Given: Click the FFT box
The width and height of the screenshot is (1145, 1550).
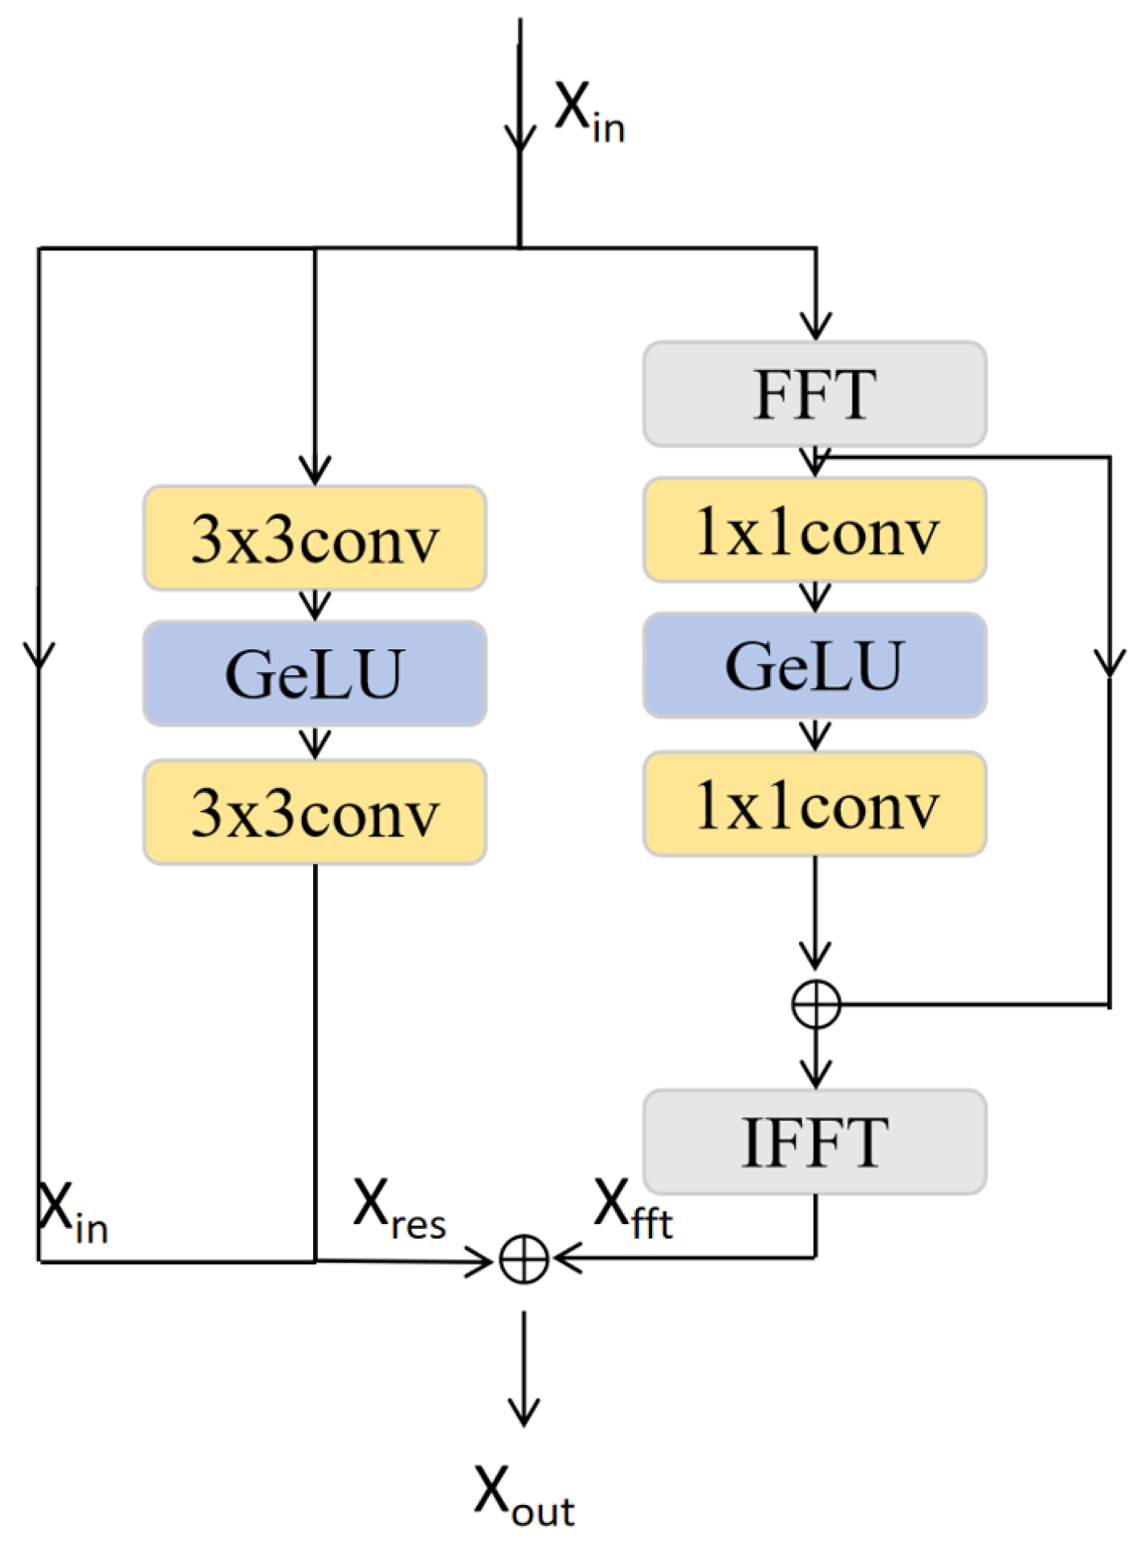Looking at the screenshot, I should (814, 393).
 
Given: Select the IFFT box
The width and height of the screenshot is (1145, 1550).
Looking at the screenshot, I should (814, 1141).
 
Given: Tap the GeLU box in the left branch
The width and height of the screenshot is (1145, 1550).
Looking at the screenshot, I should (315, 673).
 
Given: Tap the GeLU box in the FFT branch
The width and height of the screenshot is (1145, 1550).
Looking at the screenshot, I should (814, 665).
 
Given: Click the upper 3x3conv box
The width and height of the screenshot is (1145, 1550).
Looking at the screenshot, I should (315, 538).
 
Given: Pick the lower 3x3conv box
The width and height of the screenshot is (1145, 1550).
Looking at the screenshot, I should (315, 812).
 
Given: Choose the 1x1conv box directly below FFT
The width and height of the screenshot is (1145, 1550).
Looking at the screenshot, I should (814, 530).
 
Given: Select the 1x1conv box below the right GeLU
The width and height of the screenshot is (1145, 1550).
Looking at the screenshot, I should (814, 803).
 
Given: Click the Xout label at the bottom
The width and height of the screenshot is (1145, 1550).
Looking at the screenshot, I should (524, 1495).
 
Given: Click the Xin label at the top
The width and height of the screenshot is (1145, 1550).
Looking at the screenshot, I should (589, 112).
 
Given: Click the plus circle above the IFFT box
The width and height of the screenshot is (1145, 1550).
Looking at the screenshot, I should (816, 1004).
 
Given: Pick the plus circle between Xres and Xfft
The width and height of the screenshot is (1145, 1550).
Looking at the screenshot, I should (524, 1259).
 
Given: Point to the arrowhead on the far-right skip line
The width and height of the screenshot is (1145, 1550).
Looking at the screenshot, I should (1110, 663).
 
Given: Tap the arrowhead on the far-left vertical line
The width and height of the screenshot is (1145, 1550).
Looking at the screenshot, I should (39, 654).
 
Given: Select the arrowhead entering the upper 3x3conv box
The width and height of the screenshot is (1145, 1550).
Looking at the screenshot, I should (315, 470).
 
